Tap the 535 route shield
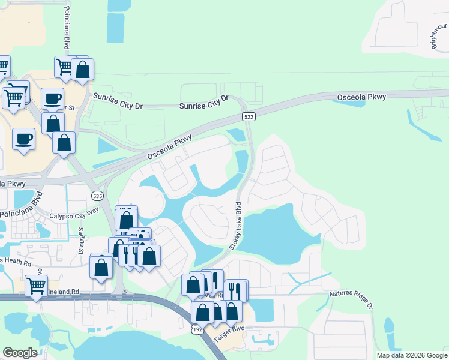click(x=97, y=196)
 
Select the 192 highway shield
click(x=198, y=329)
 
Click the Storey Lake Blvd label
click(x=235, y=229)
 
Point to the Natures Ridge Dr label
click(x=351, y=299)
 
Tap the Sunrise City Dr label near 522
click(x=205, y=105)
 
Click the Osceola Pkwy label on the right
click(x=362, y=96)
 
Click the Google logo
click(x=20, y=353)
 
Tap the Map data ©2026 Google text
click(x=412, y=355)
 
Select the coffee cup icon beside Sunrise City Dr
click(x=53, y=98)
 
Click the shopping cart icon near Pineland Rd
click(x=37, y=285)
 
